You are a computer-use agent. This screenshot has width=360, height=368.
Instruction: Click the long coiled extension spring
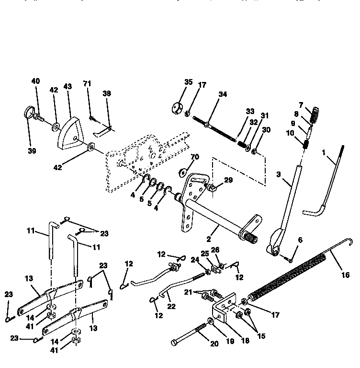[x=287, y=278]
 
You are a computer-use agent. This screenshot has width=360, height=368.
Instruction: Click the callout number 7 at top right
[x=301, y=105]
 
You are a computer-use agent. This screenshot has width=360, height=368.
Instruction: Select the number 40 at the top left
[x=36, y=81]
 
